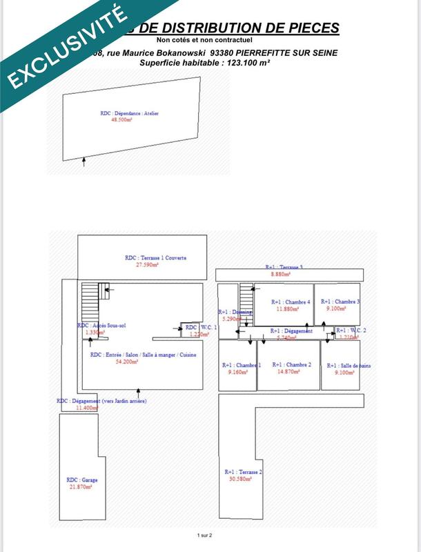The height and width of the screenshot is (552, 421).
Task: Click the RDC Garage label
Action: point(81,480)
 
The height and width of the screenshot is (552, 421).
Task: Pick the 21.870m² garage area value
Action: point(80,486)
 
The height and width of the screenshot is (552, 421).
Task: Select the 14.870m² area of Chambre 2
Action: point(289,372)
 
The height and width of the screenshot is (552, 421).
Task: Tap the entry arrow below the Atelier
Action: point(84,162)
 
